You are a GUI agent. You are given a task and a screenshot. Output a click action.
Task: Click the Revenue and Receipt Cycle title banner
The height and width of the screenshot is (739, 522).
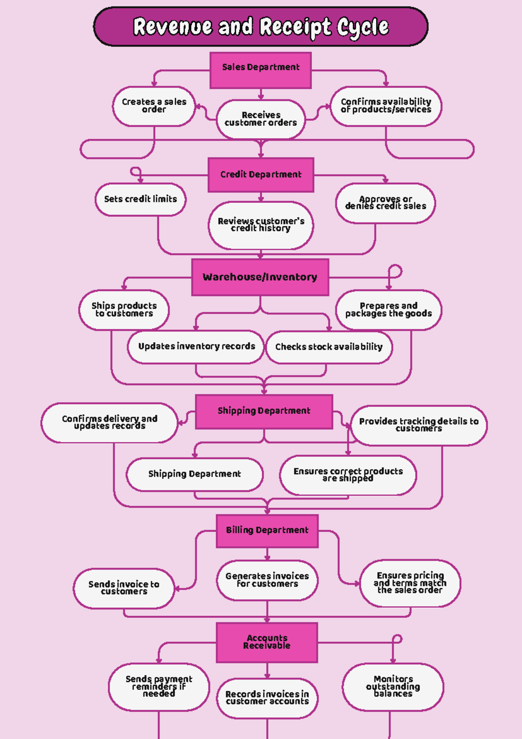click(x=261, y=27)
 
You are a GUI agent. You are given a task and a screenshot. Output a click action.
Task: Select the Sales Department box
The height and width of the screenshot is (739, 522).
click(x=261, y=70)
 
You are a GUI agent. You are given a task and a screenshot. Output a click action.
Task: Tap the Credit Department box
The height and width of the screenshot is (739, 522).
click(x=261, y=175)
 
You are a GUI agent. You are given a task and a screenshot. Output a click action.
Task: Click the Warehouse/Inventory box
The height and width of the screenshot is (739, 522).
click(x=260, y=277)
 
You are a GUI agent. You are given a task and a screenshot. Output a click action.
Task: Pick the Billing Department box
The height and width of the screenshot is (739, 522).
click(x=267, y=531)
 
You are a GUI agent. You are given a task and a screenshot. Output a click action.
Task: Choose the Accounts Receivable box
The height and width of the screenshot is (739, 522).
click(x=267, y=642)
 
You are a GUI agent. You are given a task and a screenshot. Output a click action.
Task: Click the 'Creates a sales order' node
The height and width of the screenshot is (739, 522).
click(x=154, y=106)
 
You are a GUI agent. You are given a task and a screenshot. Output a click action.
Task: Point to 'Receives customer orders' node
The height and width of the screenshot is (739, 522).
click(x=261, y=119)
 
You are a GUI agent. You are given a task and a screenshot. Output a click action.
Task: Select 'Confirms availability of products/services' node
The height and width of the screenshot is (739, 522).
click(x=386, y=106)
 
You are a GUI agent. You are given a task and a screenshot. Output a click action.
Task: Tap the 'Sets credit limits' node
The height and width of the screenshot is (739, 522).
click(x=141, y=199)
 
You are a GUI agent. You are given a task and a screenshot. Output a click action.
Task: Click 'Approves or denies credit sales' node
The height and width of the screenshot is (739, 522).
click(x=385, y=203)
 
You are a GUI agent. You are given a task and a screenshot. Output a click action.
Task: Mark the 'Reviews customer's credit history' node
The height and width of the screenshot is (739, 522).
click(x=261, y=225)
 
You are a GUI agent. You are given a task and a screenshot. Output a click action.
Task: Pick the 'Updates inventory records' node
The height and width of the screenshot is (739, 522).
click(x=196, y=347)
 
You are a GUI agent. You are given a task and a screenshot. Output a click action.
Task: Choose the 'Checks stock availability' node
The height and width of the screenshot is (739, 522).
click(x=329, y=347)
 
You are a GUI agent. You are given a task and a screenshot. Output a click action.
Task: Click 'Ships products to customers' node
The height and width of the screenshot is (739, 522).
click(x=124, y=310)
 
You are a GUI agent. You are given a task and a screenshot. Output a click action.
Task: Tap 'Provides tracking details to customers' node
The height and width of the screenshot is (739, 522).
click(x=419, y=425)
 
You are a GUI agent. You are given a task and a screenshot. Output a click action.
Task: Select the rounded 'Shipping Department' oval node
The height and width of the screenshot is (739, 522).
click(x=194, y=474)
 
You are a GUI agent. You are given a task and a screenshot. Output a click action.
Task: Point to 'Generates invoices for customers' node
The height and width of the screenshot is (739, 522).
click(x=267, y=580)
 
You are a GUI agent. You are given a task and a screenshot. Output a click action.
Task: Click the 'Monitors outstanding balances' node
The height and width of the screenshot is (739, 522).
click(x=393, y=686)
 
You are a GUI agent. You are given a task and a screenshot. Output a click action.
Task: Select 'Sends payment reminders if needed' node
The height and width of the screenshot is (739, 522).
click(x=159, y=686)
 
